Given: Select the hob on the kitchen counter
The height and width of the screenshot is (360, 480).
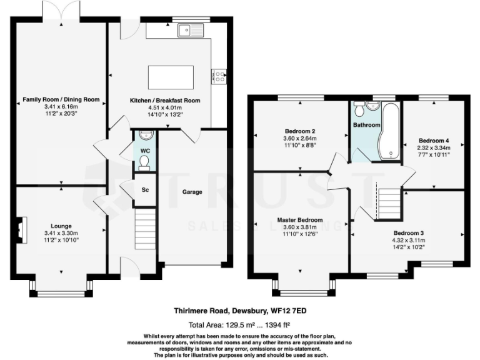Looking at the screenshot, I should (x=221, y=76).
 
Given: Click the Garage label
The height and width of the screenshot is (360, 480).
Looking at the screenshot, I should (x=192, y=192).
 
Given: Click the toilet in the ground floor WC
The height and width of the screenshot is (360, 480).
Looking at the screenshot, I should (x=144, y=162).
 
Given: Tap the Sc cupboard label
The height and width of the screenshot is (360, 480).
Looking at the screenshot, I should (x=144, y=190).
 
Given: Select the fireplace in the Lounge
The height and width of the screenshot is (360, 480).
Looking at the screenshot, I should (x=21, y=229).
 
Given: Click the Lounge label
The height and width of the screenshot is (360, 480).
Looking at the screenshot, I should (x=61, y=226).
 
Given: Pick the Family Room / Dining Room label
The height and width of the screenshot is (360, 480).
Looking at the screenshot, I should (x=61, y=99).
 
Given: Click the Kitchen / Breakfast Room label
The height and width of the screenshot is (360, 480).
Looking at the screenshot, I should (x=164, y=101).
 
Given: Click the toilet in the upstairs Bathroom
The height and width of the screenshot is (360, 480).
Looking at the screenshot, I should (x=359, y=111).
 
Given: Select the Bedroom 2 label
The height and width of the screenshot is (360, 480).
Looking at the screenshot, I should (x=300, y=131).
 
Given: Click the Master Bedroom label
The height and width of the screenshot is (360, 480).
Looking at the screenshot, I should (x=300, y=220).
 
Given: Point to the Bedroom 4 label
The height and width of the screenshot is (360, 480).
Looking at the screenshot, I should (x=434, y=141).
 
